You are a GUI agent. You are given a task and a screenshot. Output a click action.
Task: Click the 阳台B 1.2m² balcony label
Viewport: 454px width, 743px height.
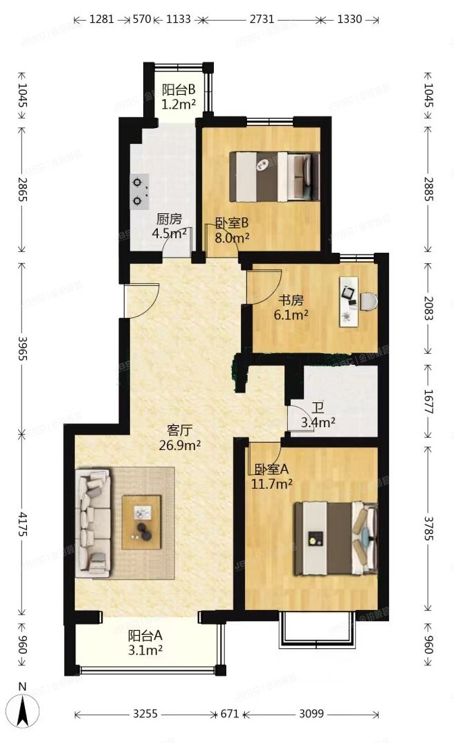click(179, 97)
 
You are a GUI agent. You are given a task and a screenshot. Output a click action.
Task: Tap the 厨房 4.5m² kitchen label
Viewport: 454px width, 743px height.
click(170, 226)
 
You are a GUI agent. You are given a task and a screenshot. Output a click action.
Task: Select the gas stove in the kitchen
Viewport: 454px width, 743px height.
click(140, 192)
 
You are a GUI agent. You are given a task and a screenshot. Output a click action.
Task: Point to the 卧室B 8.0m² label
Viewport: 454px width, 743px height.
click(232, 231)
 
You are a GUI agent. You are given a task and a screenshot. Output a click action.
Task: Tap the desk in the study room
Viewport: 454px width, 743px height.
click(348, 301)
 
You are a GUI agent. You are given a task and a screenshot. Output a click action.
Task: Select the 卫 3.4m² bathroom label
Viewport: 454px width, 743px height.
click(318, 414)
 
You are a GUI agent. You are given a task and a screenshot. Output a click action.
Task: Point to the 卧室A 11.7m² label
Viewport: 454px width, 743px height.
click(271, 475)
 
